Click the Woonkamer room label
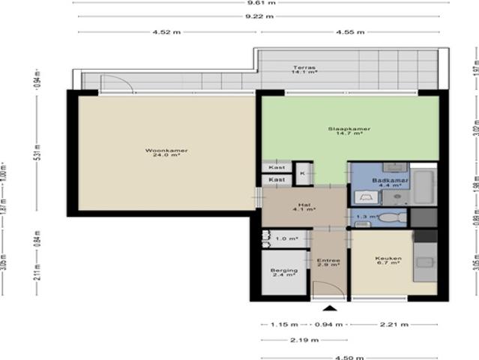point(166,153)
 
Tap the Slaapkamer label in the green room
point(349,130)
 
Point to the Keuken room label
point(388,261)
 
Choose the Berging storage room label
point(285,272)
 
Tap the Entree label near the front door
point(329,262)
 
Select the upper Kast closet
point(277,168)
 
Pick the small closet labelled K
point(302,173)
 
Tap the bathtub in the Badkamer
point(424,187)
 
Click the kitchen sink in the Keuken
point(427,262)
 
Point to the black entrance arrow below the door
point(329,308)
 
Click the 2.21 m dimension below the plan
point(393,325)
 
